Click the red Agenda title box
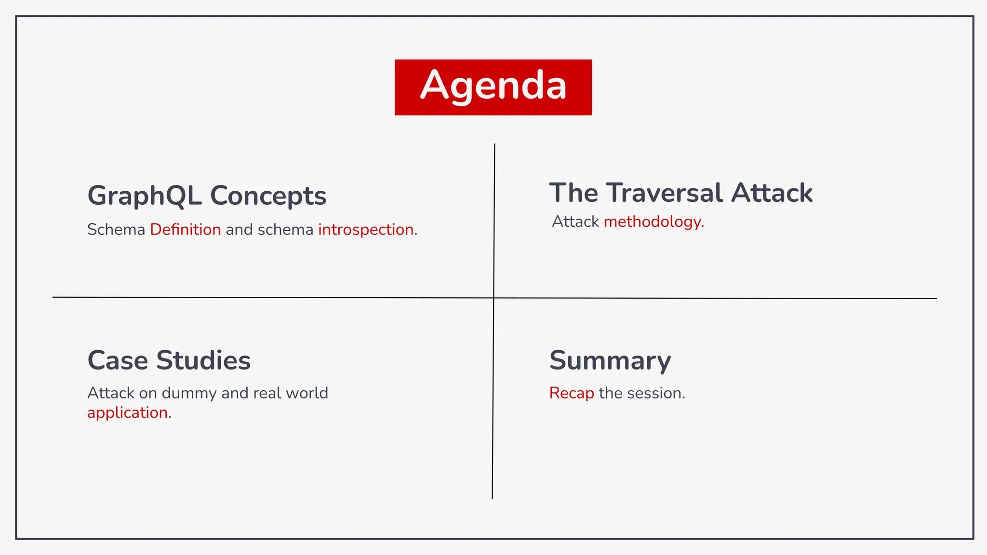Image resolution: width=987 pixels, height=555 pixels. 493,87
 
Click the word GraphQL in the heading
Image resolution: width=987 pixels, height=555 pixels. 144,196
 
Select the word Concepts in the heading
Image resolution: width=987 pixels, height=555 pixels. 268,196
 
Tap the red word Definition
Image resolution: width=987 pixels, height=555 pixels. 185,230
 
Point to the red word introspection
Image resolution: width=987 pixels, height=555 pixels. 366,230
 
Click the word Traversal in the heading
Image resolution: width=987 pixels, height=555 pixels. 665,193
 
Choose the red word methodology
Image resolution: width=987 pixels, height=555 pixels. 653,222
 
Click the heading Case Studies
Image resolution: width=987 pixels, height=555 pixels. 169,360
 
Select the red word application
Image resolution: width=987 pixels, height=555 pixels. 127,413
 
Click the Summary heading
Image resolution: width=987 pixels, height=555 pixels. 610,360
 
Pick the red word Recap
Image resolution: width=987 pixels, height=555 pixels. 572,393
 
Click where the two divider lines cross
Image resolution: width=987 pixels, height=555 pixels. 493,298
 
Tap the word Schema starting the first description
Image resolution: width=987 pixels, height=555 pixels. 116,230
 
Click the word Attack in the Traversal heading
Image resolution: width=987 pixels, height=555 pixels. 772,193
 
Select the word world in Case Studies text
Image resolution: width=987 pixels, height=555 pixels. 307,393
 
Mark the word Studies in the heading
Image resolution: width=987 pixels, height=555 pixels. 203,360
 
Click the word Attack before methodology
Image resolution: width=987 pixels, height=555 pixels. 575,222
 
